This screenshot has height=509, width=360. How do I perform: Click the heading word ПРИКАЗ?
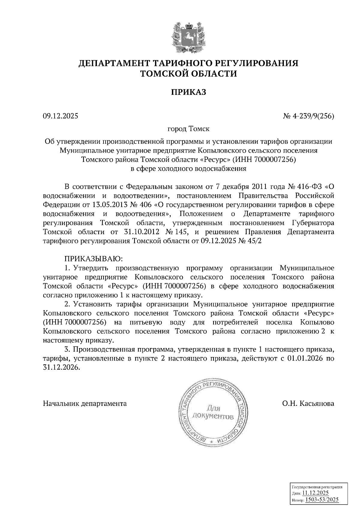coord(189,92)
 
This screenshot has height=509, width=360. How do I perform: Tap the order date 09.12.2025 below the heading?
coord(60,115)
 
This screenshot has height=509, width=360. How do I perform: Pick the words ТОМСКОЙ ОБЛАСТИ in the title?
coord(189,73)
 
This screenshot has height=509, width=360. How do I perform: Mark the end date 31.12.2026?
coord(61,368)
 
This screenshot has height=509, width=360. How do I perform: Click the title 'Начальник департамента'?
coord(85,403)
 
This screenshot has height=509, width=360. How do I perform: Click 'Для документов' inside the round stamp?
coord(213,412)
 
